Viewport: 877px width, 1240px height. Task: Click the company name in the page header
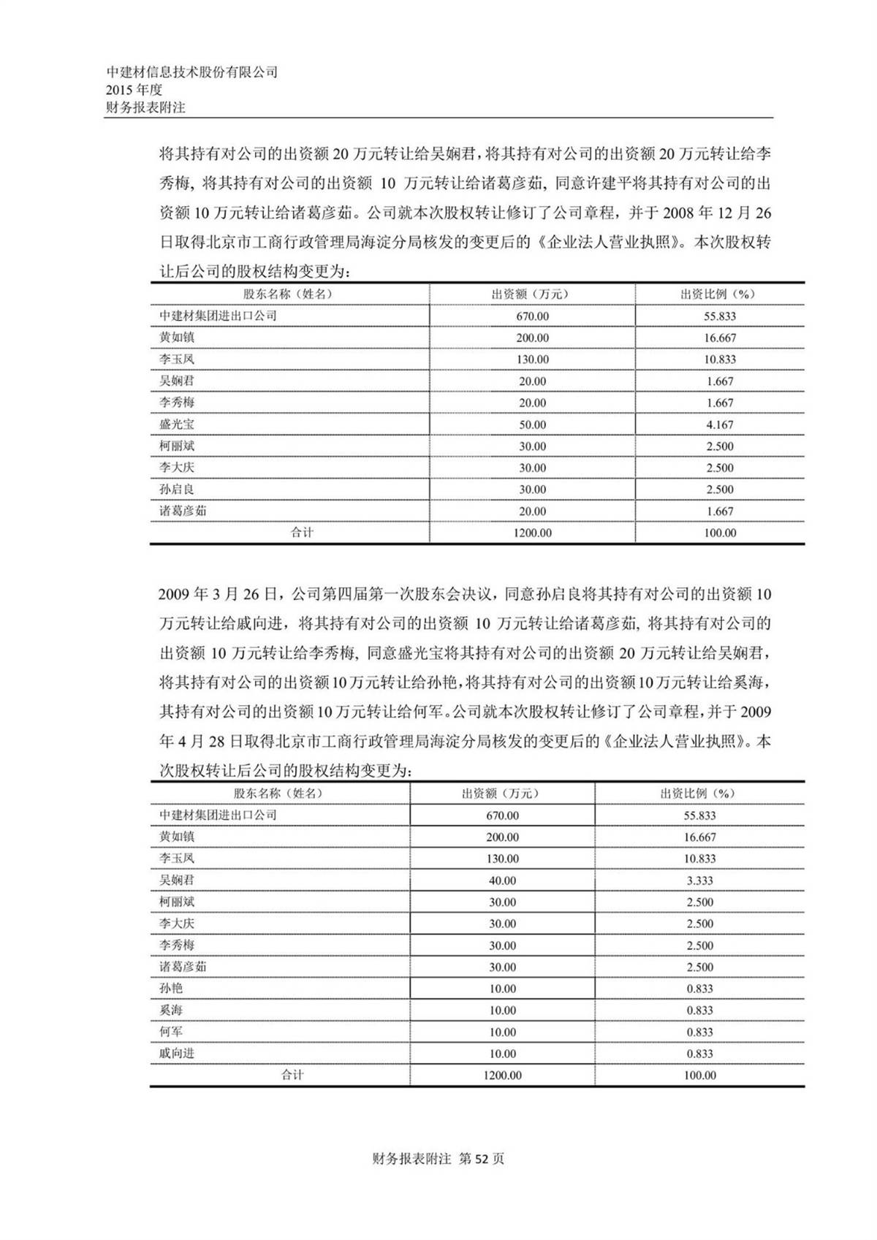click(192, 72)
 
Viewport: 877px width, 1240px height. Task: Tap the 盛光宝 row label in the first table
click(177, 425)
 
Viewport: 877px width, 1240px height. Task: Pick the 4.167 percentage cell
click(720, 425)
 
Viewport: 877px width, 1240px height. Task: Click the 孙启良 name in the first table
click(177, 490)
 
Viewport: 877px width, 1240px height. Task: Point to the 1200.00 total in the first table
click(532, 533)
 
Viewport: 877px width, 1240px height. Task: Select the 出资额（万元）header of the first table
click(532, 294)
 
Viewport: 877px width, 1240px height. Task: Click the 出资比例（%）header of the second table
click(699, 794)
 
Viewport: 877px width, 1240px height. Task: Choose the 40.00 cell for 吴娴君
click(502, 880)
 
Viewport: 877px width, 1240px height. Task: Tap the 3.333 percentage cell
click(699, 880)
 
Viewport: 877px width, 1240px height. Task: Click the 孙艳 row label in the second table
click(171, 989)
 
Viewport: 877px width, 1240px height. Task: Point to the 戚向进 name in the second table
click(177, 1054)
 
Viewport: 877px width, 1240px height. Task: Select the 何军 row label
click(171, 1032)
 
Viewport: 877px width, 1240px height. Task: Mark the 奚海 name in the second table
click(171, 1011)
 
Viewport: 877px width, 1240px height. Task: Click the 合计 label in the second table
click(292, 1075)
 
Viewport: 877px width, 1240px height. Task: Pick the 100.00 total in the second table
click(699, 1076)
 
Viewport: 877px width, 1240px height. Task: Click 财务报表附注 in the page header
click(146, 107)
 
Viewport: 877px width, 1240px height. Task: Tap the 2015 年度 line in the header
click(134, 90)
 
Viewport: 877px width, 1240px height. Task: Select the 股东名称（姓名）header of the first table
click(289, 294)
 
